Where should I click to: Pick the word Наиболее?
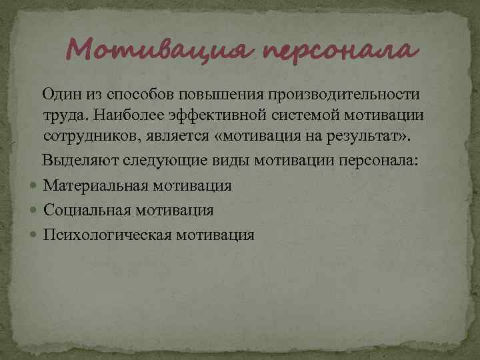(123, 116)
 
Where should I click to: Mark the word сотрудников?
(88, 139)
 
